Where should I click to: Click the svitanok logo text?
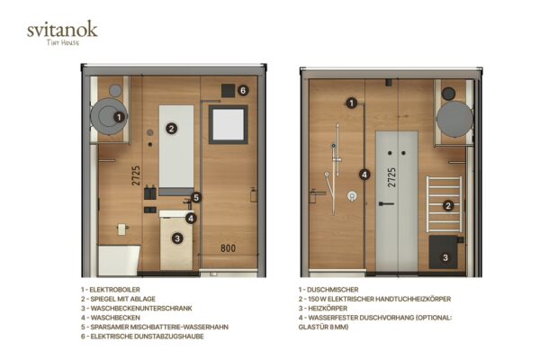click(x=62, y=30)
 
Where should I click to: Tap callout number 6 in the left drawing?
click(x=243, y=90)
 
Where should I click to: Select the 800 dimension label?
click(x=228, y=248)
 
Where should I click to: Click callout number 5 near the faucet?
click(x=196, y=197)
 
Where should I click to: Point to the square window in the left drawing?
click(x=228, y=125)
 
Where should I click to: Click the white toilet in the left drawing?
click(x=119, y=260)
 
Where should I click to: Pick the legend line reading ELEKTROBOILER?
click(x=111, y=290)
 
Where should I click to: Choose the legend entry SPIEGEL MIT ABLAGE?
click(x=118, y=299)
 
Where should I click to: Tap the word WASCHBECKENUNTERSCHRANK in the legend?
click(x=141, y=308)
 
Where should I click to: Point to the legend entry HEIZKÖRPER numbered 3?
click(x=323, y=308)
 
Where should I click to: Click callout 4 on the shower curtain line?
click(x=364, y=175)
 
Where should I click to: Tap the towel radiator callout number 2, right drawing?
click(x=448, y=206)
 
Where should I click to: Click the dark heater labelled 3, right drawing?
click(x=444, y=252)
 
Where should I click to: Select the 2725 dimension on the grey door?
click(x=391, y=178)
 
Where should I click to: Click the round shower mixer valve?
click(x=352, y=196)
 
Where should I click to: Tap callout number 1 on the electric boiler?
click(x=119, y=117)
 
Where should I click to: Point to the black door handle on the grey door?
click(x=386, y=204)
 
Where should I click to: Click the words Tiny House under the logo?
click(x=63, y=42)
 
